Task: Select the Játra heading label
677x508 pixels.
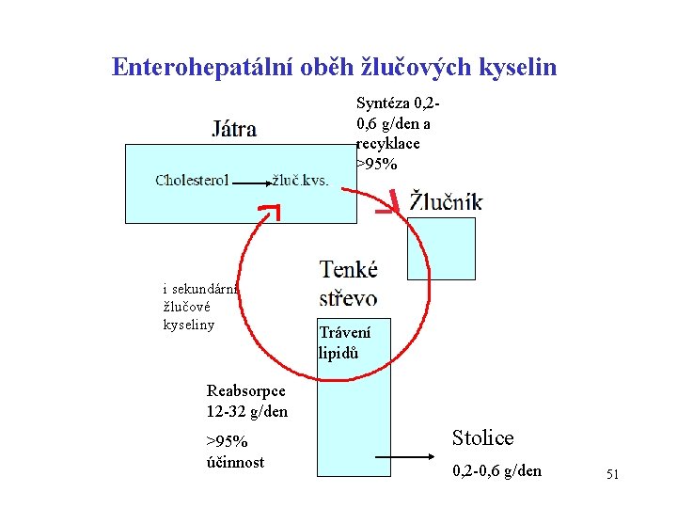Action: click(233, 128)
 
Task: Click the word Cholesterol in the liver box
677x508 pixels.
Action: click(192, 181)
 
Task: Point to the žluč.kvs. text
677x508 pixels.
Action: click(300, 181)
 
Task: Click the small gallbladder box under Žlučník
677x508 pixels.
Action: click(440, 248)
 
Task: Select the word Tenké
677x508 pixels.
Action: click(349, 270)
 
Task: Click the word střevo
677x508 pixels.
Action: click(349, 296)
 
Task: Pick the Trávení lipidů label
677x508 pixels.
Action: click(344, 342)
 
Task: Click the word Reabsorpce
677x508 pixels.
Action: click(247, 391)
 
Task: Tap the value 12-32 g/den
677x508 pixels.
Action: click(247, 411)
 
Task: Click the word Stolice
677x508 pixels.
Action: click(483, 437)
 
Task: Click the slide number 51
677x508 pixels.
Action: click(612, 475)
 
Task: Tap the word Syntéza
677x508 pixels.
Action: click(384, 103)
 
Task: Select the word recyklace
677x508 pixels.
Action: click(388, 144)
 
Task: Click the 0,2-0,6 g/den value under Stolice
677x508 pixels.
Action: click(496, 470)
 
